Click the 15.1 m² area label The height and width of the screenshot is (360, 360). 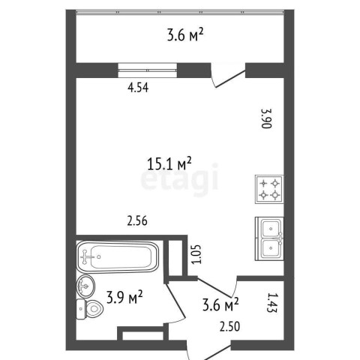click(169, 163)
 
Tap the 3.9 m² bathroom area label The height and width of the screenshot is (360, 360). click(124, 297)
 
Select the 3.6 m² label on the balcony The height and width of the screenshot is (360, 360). click(185, 34)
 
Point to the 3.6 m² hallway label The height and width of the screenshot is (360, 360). click(220, 304)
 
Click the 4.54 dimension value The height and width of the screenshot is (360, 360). click(138, 88)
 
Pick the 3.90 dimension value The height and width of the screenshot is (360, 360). click(266, 118)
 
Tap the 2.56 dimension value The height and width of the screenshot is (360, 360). click(137, 221)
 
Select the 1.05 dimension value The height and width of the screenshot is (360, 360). click(196, 254)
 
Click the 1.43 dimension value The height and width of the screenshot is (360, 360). click(272, 302)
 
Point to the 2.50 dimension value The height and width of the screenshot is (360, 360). click(229, 326)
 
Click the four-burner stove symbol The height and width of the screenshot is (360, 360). click(269, 189)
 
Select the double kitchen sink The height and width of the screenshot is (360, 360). click(269, 238)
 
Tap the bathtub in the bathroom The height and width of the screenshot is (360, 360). click(118, 256)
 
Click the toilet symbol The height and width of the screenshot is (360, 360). click(89, 309)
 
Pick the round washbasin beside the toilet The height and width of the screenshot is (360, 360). click(85, 286)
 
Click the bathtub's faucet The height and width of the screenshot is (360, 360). click(86, 256)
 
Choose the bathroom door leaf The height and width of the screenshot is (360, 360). click(175, 301)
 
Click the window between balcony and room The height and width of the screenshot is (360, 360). click(148, 70)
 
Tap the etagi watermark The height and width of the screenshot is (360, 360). click(179, 179)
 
